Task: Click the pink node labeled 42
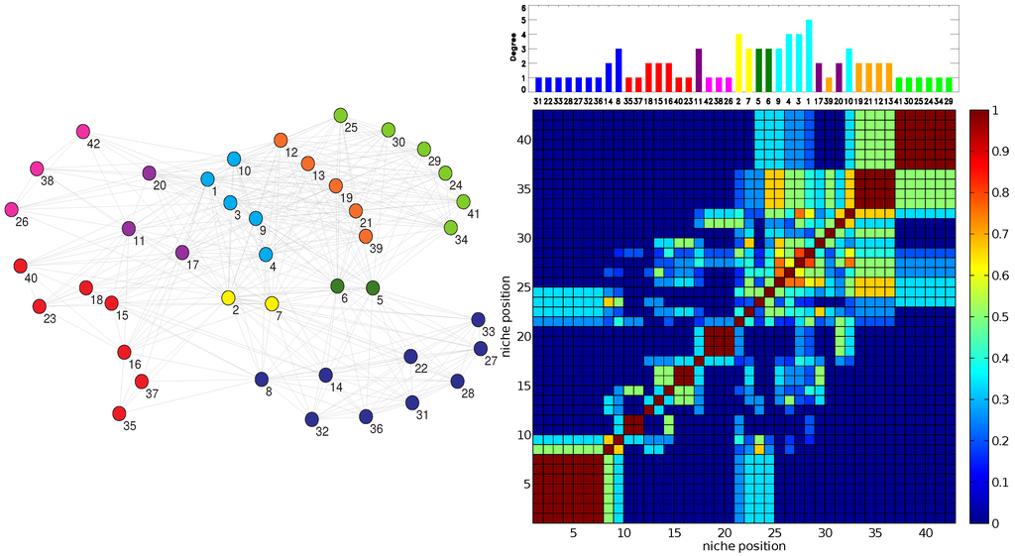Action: point(83,132)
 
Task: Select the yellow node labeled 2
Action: point(228,298)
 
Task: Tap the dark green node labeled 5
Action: point(373,288)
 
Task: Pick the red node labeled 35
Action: point(120,412)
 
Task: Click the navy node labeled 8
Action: point(262,379)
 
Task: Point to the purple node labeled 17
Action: point(181,253)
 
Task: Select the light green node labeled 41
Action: point(463,202)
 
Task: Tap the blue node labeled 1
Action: point(208,179)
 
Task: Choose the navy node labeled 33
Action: point(478,320)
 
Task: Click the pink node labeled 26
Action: point(12,209)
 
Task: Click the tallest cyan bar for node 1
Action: point(809,55)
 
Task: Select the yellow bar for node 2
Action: point(737,61)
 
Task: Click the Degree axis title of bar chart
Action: point(513,48)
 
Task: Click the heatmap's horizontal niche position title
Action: point(744,546)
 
